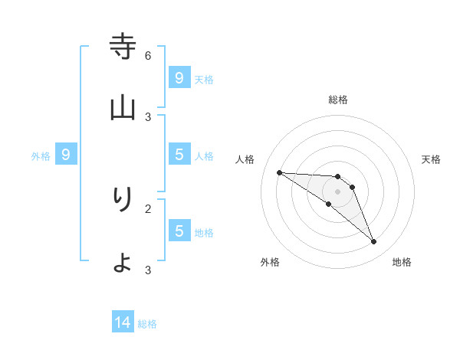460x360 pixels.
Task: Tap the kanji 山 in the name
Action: click(x=123, y=108)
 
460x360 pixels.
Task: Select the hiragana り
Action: click(x=123, y=199)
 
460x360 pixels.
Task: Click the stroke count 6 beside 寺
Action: click(x=148, y=55)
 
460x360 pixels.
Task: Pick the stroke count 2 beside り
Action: click(x=148, y=208)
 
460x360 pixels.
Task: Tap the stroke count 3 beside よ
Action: click(x=148, y=270)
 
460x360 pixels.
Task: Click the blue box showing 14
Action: click(x=123, y=322)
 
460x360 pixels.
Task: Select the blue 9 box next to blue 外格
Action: click(x=66, y=155)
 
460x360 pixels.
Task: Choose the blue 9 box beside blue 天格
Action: click(x=179, y=77)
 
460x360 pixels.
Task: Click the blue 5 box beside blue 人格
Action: click(x=179, y=155)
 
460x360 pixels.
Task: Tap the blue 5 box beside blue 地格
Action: click(x=179, y=231)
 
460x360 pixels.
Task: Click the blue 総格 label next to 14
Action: click(x=147, y=324)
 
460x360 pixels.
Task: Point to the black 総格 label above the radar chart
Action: click(x=338, y=100)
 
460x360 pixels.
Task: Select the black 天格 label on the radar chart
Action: click(x=432, y=159)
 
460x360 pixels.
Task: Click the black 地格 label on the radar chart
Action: click(x=402, y=262)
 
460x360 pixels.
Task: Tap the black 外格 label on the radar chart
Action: click(x=270, y=262)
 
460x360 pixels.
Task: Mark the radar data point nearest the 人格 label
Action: click(x=279, y=172)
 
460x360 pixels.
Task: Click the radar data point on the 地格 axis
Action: click(x=374, y=242)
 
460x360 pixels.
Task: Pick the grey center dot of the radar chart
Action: click(x=337, y=191)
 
